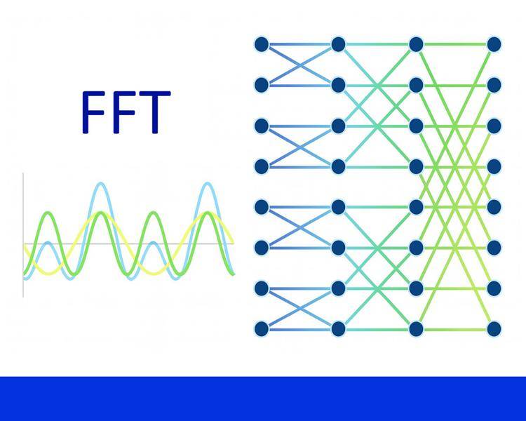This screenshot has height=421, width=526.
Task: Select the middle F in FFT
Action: click(x=123, y=112)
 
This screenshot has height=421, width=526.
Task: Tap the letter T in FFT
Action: click(x=154, y=112)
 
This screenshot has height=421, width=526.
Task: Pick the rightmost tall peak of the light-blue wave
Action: click(x=207, y=185)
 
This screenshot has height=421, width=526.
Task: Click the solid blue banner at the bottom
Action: click(x=263, y=399)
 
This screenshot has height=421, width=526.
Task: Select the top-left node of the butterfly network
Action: click(x=262, y=44)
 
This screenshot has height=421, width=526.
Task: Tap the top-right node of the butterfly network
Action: click(x=494, y=44)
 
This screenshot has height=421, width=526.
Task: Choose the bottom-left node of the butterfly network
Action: click(x=262, y=328)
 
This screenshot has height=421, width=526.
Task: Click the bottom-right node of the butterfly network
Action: click(x=494, y=328)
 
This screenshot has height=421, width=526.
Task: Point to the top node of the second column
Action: click(x=338, y=44)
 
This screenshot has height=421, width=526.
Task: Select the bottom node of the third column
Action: click(x=416, y=328)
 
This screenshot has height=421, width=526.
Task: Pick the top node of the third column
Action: click(x=416, y=44)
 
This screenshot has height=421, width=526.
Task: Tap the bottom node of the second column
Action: click(x=338, y=328)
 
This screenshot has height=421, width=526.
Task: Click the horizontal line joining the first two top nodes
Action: click(x=299, y=44)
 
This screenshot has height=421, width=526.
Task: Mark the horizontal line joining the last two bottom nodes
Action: click(x=454, y=328)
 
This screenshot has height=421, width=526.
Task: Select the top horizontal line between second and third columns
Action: click(x=377, y=44)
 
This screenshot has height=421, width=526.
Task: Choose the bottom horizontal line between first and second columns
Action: click(x=299, y=328)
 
